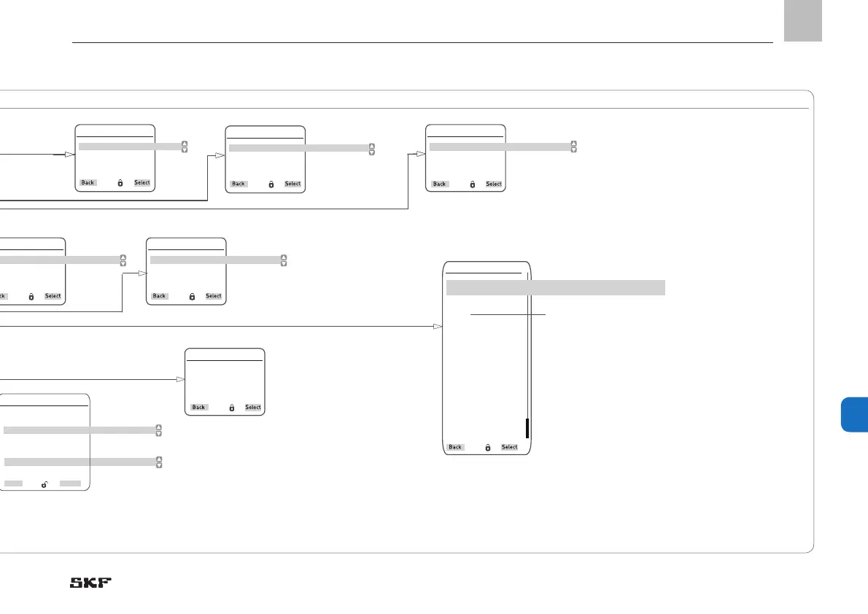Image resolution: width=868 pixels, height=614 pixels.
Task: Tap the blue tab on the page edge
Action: pos(853,415)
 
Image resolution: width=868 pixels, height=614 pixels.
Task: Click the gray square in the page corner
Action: pos(803,21)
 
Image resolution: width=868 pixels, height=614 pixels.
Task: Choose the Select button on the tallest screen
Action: pos(509,447)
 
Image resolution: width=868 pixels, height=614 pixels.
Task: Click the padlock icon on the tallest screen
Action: pos(488,447)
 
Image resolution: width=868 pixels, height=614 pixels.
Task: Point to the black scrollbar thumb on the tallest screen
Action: pos(527,428)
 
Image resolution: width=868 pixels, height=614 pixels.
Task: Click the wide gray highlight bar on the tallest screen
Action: pos(555,287)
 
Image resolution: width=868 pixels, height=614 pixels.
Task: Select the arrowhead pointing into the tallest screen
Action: pos(438,326)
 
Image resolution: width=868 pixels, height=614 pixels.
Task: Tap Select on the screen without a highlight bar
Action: pos(253,408)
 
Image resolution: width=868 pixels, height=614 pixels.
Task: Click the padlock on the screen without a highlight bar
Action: pos(232,408)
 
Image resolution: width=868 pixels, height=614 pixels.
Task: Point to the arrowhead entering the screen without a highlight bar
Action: pos(180,380)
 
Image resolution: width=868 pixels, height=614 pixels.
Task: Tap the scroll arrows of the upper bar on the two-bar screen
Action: pos(159,430)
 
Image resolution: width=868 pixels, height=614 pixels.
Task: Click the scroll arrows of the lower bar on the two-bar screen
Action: pos(159,462)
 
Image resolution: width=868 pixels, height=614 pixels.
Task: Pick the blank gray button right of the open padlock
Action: pos(71,483)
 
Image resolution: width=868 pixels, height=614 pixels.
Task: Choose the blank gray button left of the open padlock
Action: pos(13,483)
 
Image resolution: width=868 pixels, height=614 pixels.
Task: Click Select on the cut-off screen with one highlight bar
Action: pos(53,296)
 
